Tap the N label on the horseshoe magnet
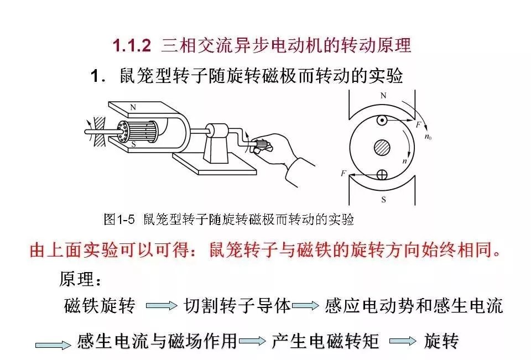click(x=133, y=107)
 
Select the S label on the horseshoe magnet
click(x=133, y=144)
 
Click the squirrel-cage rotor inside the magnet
click(x=138, y=132)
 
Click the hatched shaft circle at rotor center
click(x=382, y=148)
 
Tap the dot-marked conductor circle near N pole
click(x=382, y=120)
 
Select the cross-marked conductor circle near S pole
click(x=382, y=175)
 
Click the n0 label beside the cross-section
click(x=428, y=137)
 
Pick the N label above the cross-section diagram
click(x=383, y=96)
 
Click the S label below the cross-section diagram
click(x=383, y=200)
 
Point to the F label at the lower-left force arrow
click(x=343, y=174)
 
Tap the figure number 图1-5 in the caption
click(x=119, y=220)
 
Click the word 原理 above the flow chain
click(x=76, y=279)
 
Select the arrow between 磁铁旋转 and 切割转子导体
click(x=162, y=306)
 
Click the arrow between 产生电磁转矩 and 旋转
click(x=403, y=341)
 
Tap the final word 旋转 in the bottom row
click(x=441, y=341)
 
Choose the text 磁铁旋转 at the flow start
click(x=100, y=305)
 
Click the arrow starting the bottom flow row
click(x=53, y=345)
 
